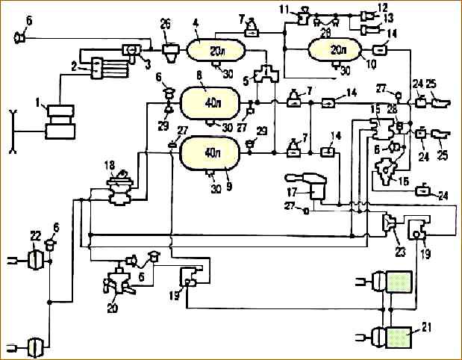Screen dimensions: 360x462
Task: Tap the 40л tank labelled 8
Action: pos(210,101)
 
